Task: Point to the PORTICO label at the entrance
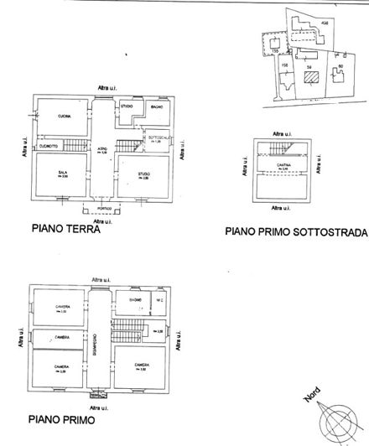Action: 102,209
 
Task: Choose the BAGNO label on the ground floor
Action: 156,108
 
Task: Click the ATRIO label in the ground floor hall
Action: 101,148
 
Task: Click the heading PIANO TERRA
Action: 65,228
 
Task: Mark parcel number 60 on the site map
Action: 340,65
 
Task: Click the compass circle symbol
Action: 340,417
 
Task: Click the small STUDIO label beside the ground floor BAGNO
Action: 127,106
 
